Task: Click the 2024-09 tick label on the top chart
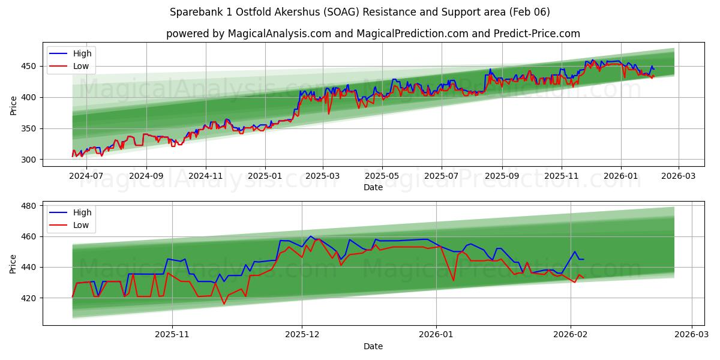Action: click(146, 176)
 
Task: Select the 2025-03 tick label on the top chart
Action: click(323, 176)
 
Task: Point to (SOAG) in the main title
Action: click(344, 12)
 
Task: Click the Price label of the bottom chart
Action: click(13, 263)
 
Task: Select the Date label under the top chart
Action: click(373, 187)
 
